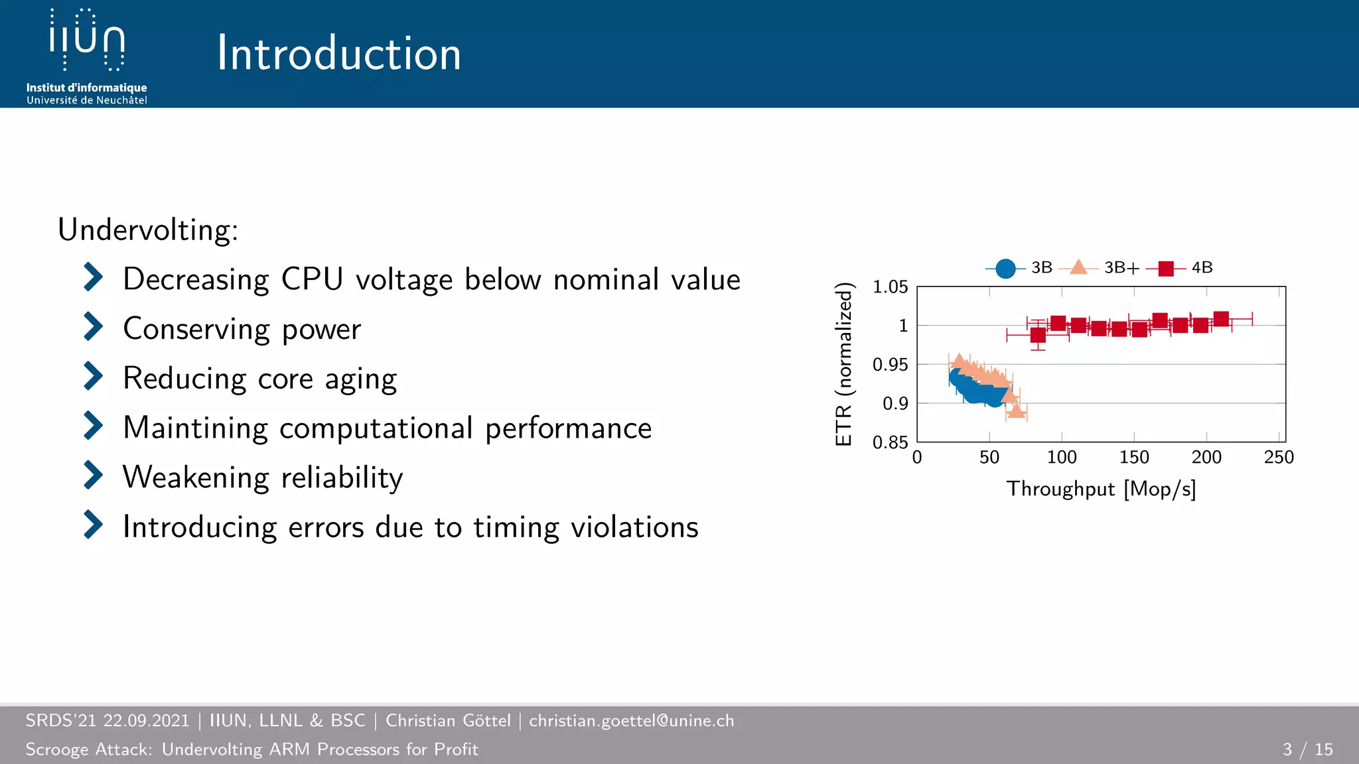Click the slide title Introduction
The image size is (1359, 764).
pos(339,54)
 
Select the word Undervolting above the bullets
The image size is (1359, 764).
pos(147,230)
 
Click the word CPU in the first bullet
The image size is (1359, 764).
pos(312,279)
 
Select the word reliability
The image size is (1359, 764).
pos(342,477)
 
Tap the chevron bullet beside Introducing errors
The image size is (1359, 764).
pos(93,525)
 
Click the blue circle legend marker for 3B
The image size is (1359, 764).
pos(1005,268)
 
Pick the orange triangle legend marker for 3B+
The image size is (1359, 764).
pos(1079,267)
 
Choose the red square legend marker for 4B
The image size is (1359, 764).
pos(1165,268)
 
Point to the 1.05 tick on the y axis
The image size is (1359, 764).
pos(890,287)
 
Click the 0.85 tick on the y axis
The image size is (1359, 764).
pos(890,442)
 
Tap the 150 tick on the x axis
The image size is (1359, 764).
pos(1134,458)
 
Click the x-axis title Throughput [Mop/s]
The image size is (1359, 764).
pos(1101,489)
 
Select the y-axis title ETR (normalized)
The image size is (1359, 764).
pos(843,364)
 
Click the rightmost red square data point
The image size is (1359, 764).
pos(1220,319)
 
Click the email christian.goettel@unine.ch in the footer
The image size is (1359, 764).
pos(631,721)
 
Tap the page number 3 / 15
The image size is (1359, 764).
pos(1307,749)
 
